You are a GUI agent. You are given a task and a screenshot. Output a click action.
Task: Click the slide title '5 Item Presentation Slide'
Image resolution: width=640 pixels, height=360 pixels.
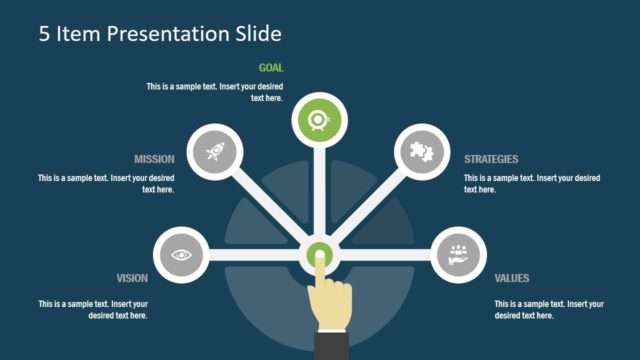click(x=160, y=34)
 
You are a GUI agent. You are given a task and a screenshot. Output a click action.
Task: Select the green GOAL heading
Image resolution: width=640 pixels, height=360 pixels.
click(x=271, y=68)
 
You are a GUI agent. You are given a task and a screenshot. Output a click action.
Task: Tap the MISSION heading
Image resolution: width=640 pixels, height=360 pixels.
click(x=155, y=159)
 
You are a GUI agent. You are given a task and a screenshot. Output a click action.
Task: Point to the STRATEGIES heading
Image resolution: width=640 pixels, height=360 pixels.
click(x=491, y=159)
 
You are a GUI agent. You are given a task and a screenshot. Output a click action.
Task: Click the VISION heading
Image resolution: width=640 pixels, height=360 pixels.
click(x=132, y=278)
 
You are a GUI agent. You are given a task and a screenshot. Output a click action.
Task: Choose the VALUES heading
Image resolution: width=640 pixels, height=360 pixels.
click(x=512, y=278)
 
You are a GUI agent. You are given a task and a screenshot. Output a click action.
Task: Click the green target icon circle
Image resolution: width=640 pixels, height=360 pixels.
click(x=319, y=121)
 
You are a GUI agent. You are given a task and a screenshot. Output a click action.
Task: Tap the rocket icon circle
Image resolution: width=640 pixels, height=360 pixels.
click(x=215, y=152)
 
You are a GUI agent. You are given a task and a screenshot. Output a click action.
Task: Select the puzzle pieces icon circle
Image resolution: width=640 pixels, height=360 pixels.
click(x=421, y=152)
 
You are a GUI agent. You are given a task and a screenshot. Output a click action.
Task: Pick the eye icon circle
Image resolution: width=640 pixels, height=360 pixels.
click(x=181, y=254)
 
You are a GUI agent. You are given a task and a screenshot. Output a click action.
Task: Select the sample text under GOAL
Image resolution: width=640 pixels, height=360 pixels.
click(x=215, y=92)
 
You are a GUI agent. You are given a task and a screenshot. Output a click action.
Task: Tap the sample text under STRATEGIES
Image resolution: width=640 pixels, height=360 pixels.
click(x=532, y=183)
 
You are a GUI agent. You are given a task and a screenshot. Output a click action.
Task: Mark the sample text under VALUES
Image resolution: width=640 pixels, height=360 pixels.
click(x=549, y=309)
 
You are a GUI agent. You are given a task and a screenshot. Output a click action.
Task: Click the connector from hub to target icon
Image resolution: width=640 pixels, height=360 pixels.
click(x=319, y=190)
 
